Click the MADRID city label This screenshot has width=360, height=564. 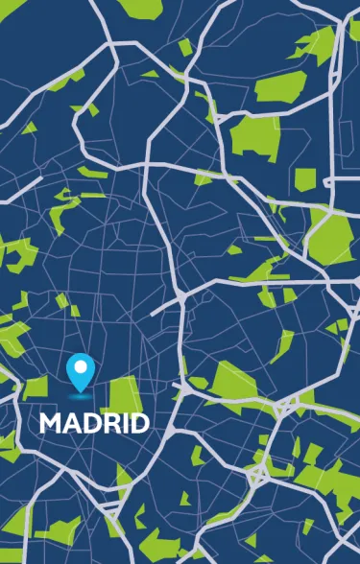click(x=94, y=423)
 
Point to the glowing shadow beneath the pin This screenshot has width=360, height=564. click(x=80, y=393)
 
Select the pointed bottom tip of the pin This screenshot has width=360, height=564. click(x=80, y=387)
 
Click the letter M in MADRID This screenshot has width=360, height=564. click(x=50, y=423)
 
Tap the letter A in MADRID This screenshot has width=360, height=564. click(x=70, y=423)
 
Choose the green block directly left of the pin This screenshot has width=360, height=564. click(x=36, y=387)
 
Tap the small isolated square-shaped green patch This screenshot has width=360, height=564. click(x=304, y=178)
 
